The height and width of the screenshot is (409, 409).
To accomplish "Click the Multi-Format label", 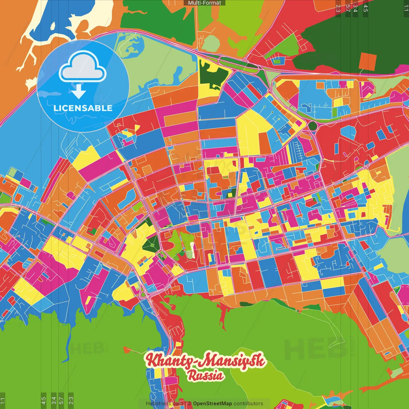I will click(204, 3).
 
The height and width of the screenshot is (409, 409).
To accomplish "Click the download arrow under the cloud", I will click(79, 91).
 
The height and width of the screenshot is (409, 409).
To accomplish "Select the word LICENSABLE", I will click(83, 108).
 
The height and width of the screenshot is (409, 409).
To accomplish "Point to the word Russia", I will click(205, 375).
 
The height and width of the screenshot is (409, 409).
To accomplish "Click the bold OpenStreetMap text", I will click(212, 404).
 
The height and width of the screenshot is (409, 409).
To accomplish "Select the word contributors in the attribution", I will click(248, 404).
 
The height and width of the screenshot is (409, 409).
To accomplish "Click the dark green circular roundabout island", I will click(312, 126).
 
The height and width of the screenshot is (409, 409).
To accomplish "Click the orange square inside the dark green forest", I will click(367, 61).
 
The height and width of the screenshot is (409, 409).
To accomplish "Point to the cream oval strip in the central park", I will click(192, 250).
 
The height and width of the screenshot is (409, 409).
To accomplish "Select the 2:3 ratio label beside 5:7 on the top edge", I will click(338, 8).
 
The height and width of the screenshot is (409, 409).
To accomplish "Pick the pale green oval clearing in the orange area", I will click(210, 43).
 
